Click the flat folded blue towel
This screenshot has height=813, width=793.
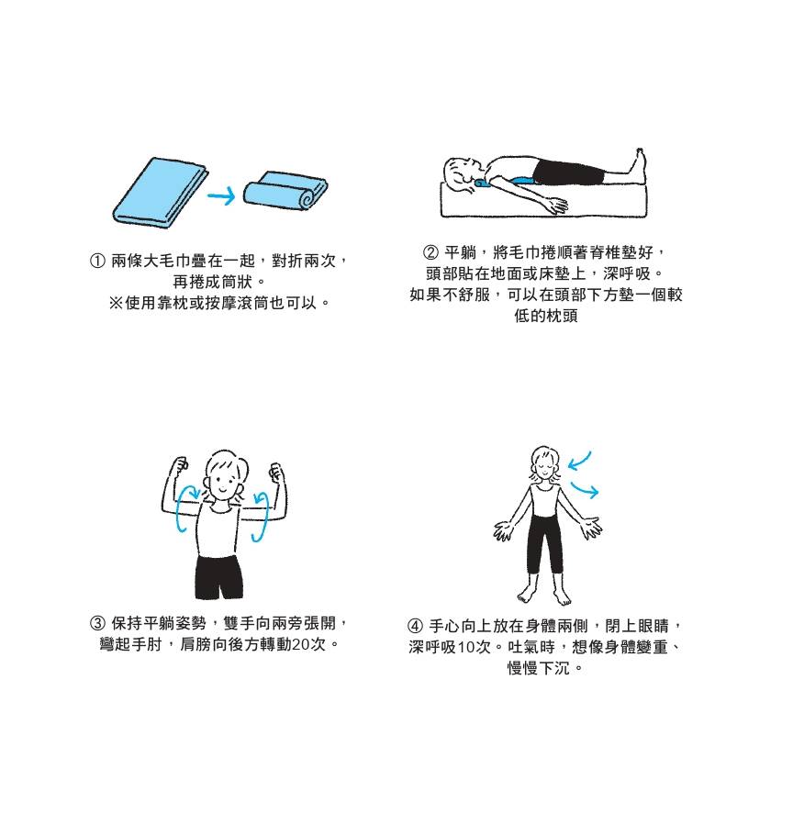[158, 193]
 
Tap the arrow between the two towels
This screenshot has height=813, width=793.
[221, 195]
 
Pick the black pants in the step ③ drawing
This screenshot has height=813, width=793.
[220, 574]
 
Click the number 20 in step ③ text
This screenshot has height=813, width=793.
[299, 644]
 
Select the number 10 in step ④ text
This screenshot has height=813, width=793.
[465, 647]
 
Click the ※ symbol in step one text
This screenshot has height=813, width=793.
[116, 302]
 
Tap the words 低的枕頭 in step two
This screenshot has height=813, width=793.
[545, 317]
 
